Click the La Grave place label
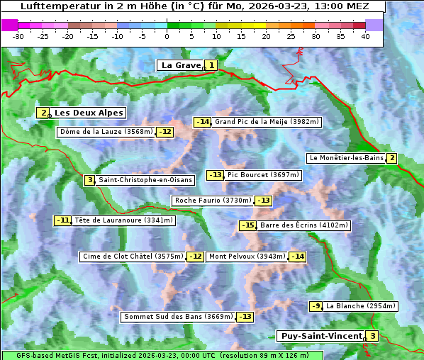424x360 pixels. coord(181,65)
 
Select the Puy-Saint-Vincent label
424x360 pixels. coord(323,336)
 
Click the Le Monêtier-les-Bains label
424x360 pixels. coord(346,158)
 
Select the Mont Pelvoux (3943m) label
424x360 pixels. coord(247,257)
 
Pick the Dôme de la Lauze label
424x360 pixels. coord(106,132)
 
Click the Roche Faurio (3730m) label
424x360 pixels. coord(213,201)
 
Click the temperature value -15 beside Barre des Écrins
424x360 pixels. coord(247,225)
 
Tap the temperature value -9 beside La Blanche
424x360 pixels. coord(316,306)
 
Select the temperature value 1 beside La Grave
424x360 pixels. coord(211,65)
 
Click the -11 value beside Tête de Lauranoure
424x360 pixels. coord(63,220)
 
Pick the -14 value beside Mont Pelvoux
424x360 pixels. coord(297,257)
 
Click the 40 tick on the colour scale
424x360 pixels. coord(365,36)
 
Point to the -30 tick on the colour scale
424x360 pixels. coord(18,36)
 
